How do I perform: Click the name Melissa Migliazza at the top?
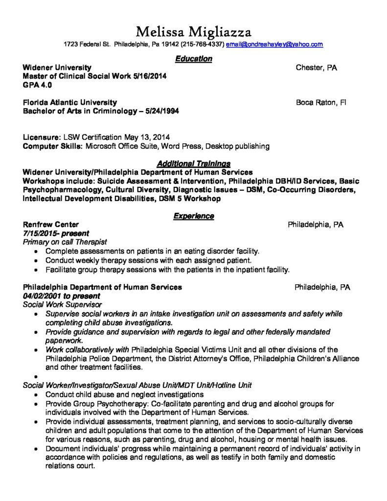(x=193, y=32)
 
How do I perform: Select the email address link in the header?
(x=274, y=45)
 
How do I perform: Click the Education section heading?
(x=193, y=59)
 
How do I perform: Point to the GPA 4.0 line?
(x=37, y=85)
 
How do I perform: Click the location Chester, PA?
(x=316, y=68)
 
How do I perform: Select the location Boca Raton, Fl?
(x=321, y=103)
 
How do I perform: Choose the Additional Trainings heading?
(x=193, y=163)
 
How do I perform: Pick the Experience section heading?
(x=193, y=216)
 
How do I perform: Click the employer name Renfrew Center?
(x=50, y=225)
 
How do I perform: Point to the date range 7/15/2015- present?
(x=56, y=233)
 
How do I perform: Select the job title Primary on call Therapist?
(x=65, y=242)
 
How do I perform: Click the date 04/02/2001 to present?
(x=61, y=296)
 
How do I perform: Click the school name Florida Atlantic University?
(x=70, y=103)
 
